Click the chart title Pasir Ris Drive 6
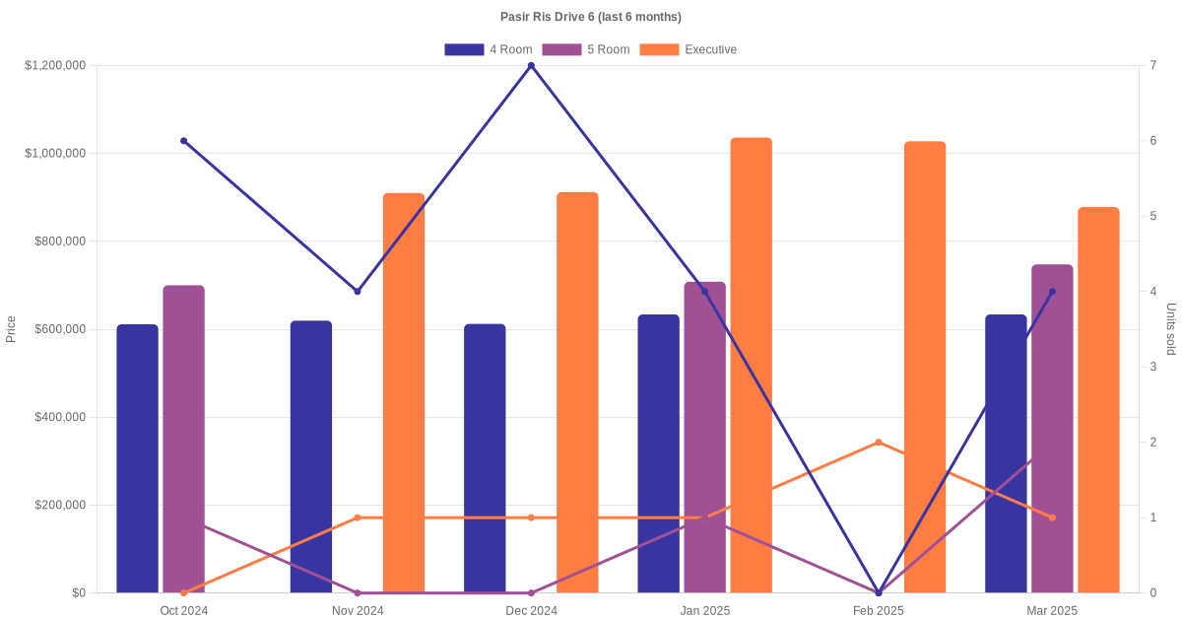pyautogui.click(x=591, y=17)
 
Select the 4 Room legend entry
pyautogui.click(x=488, y=49)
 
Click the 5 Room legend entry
pyautogui.click(x=585, y=49)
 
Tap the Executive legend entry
pyautogui.click(x=688, y=49)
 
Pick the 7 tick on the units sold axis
pyautogui.click(x=1152, y=66)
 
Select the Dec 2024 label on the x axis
pyautogui.click(x=531, y=611)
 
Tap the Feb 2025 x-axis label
pyautogui.click(x=878, y=611)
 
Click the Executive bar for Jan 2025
pyautogui.click(x=751, y=365)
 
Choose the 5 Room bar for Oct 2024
pyautogui.click(x=183, y=439)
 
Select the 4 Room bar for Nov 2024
pyautogui.click(x=311, y=456)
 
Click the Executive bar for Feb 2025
pyautogui.click(x=925, y=367)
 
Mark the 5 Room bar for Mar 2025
pyautogui.click(x=1052, y=429)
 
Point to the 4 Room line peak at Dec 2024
pyautogui.click(x=531, y=66)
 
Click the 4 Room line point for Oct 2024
pyautogui.click(x=183, y=141)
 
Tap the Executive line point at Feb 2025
pyautogui.click(x=879, y=443)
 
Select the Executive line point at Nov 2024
pyautogui.click(x=358, y=517)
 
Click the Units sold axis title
pyautogui.click(x=1170, y=329)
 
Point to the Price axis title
pyautogui.click(x=11, y=329)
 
